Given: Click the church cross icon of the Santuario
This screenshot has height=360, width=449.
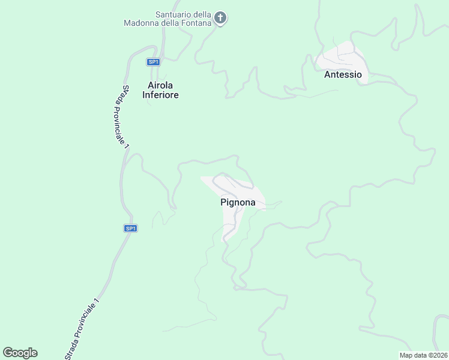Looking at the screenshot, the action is point(220,18).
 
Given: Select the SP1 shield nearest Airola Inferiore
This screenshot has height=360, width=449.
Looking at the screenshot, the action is point(154,62).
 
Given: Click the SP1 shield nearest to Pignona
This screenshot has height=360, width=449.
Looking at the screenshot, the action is point(131,228).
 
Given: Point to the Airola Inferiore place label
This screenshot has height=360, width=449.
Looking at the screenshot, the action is point(160,90).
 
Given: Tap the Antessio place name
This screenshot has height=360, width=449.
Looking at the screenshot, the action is point(343,75).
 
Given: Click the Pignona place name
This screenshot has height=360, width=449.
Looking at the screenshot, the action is point(238,203).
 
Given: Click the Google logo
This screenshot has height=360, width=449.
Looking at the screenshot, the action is point(20,353).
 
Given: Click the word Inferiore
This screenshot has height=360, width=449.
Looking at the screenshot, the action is point(160,95).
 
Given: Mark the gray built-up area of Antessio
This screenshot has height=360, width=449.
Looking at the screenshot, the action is point(341,58).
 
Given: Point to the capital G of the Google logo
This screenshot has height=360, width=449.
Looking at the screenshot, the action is point(7,352).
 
